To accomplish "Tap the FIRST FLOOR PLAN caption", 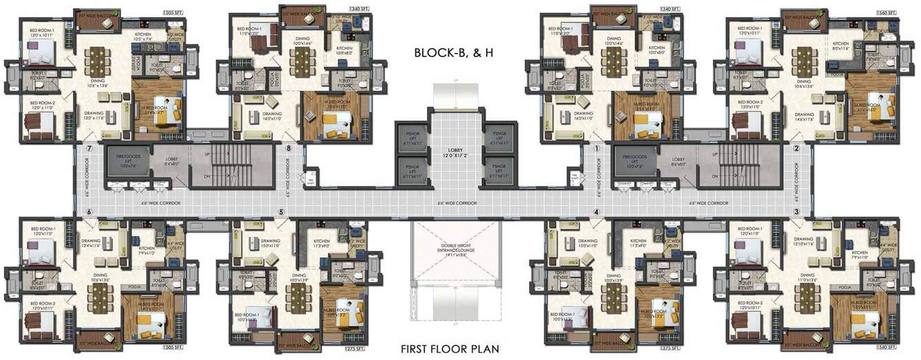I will [x=451, y=348].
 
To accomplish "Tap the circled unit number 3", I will [x=796, y=212].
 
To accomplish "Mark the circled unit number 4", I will [x=597, y=212].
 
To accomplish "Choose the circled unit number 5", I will [x=281, y=212].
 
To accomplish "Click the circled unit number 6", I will [x=88, y=212].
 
